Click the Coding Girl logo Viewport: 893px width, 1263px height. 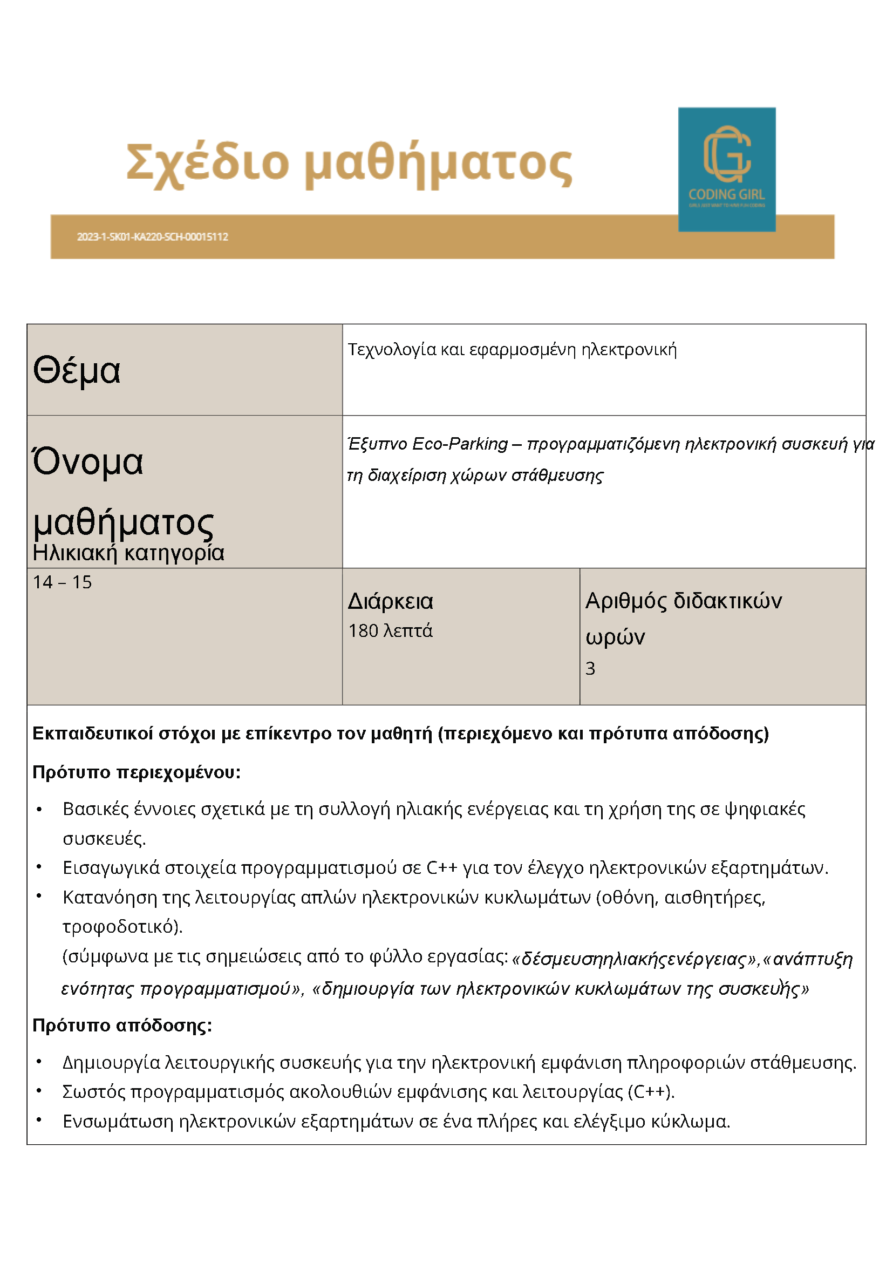[x=726, y=169]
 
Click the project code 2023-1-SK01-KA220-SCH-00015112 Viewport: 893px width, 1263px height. [x=152, y=237]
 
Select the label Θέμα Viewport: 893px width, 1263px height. [x=77, y=370]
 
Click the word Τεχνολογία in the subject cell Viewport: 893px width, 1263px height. [x=392, y=350]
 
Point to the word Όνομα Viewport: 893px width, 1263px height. [x=88, y=461]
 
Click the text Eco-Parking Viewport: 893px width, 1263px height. [x=459, y=444]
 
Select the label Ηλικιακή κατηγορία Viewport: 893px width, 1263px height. [x=128, y=553]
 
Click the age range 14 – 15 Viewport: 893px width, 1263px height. [x=62, y=582]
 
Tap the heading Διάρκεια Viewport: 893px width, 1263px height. [x=391, y=601]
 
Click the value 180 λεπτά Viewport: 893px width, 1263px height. [x=391, y=631]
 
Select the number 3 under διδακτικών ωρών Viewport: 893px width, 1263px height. [x=590, y=668]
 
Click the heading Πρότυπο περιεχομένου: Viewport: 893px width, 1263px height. [x=137, y=772]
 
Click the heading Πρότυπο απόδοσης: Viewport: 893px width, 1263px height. [x=122, y=1026]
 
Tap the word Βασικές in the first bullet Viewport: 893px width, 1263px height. [x=96, y=809]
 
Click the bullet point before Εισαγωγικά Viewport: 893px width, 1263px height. [x=39, y=867]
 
